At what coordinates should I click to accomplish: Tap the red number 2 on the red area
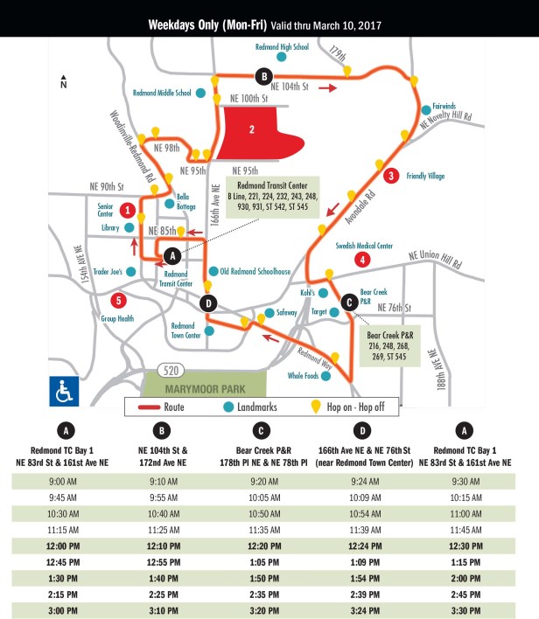tap(252, 130)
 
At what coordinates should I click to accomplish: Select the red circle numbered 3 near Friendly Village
tap(391, 175)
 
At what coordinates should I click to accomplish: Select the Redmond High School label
tap(283, 46)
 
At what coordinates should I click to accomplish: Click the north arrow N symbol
tap(63, 84)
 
